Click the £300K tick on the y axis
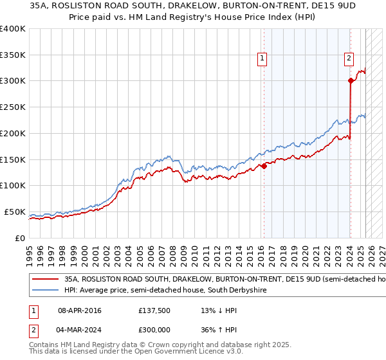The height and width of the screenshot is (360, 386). coord(12,81)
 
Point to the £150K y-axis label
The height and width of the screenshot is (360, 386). coord(12,159)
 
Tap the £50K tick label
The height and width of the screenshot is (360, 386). coord(15,212)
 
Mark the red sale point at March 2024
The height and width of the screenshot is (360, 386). coord(351,81)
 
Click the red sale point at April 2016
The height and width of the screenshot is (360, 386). coord(264,166)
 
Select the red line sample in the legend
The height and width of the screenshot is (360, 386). coord(44,280)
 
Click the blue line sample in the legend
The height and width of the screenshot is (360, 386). coord(44,291)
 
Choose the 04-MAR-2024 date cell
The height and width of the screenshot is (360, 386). coord(80,331)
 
